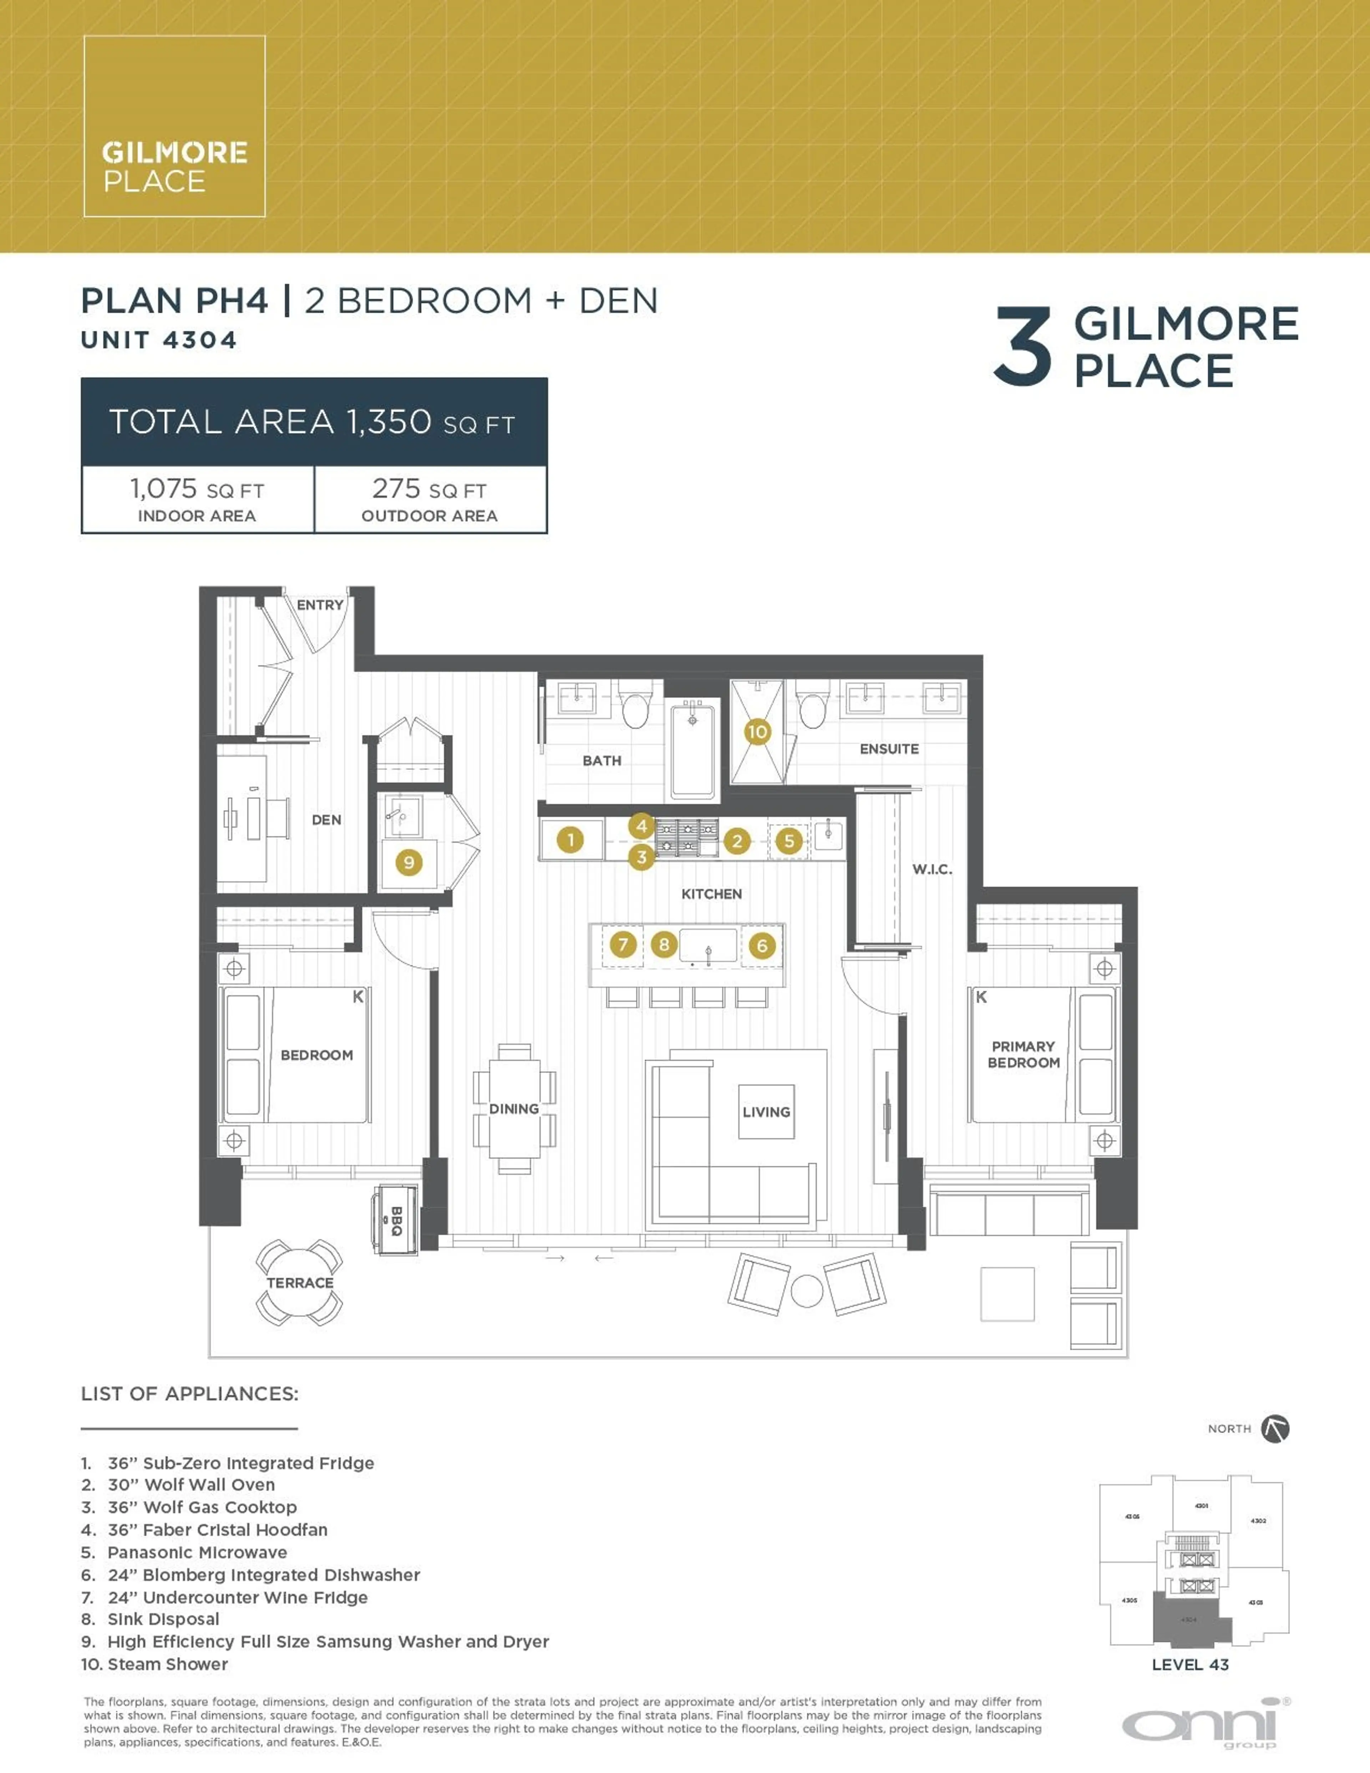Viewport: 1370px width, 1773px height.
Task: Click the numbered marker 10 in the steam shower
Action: (756, 731)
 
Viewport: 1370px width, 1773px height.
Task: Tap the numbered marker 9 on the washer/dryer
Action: (408, 862)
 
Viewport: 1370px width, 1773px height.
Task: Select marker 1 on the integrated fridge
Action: (570, 840)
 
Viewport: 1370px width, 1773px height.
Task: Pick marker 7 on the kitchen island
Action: (623, 944)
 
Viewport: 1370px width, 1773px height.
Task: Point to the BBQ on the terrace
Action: (395, 1220)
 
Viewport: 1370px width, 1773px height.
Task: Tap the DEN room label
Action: (326, 820)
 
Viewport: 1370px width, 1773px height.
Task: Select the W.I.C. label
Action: (932, 870)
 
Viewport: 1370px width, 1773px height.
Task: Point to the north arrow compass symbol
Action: (1275, 1429)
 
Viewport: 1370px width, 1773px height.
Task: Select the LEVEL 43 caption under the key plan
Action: (1190, 1664)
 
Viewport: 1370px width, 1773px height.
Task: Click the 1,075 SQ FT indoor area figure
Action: (197, 490)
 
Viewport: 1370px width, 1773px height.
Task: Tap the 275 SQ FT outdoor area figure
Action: (429, 490)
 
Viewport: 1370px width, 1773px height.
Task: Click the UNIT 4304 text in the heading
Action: (159, 340)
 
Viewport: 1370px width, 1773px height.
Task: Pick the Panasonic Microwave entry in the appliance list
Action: (197, 1552)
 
